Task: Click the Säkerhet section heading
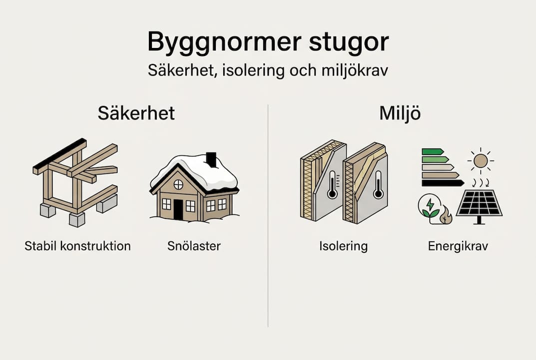tap(136, 113)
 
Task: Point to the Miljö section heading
tap(400, 113)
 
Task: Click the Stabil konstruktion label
tap(77, 246)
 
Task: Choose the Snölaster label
tap(194, 246)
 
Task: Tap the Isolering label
tap(343, 246)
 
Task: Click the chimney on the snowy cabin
tap(211, 159)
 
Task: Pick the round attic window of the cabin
tap(178, 184)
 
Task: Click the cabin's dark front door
tap(178, 209)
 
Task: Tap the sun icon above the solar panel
tap(481, 160)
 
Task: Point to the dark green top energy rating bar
tap(432, 151)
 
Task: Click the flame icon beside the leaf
tap(446, 216)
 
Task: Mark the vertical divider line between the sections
tap(268, 215)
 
